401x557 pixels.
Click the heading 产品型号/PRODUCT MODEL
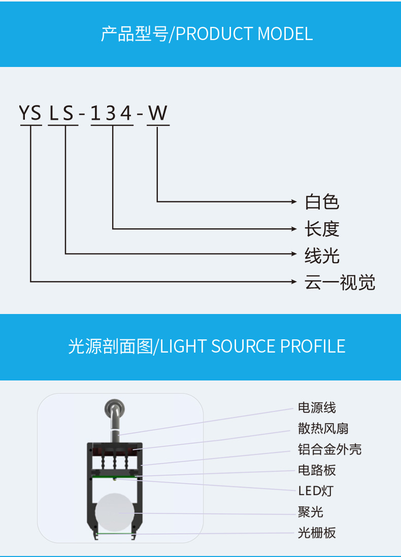207,34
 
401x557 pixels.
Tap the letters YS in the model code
30,113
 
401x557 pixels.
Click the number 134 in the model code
112,113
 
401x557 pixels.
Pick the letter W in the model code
158,113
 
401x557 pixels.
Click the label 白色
322,202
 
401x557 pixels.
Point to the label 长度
322,229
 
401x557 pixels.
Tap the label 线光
322,256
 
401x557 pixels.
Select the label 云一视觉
340,283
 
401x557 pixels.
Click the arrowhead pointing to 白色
294,202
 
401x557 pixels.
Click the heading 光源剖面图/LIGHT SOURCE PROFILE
207,346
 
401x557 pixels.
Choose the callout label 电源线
317,407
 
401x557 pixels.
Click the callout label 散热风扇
323,429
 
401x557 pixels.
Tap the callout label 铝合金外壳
329,449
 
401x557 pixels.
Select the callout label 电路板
317,470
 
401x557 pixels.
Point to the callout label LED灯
315,491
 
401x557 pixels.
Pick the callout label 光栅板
317,533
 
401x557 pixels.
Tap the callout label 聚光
310,512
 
